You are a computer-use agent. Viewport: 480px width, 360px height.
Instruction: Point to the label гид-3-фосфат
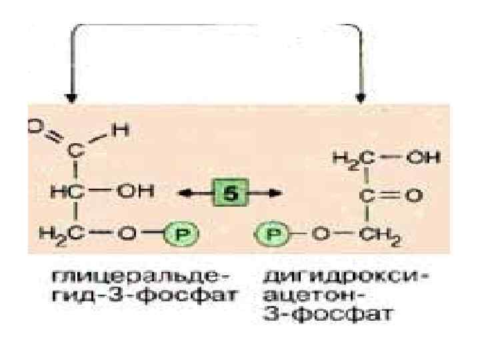111,294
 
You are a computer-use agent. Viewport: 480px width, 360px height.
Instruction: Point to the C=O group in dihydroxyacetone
389,195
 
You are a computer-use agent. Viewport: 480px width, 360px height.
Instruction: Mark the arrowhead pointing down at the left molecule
71,96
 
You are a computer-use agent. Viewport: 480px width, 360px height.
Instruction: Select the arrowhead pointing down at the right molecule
361,96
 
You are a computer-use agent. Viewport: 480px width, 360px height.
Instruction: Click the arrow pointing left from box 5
193,193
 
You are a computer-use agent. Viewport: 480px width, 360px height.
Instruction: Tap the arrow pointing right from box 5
267,193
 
